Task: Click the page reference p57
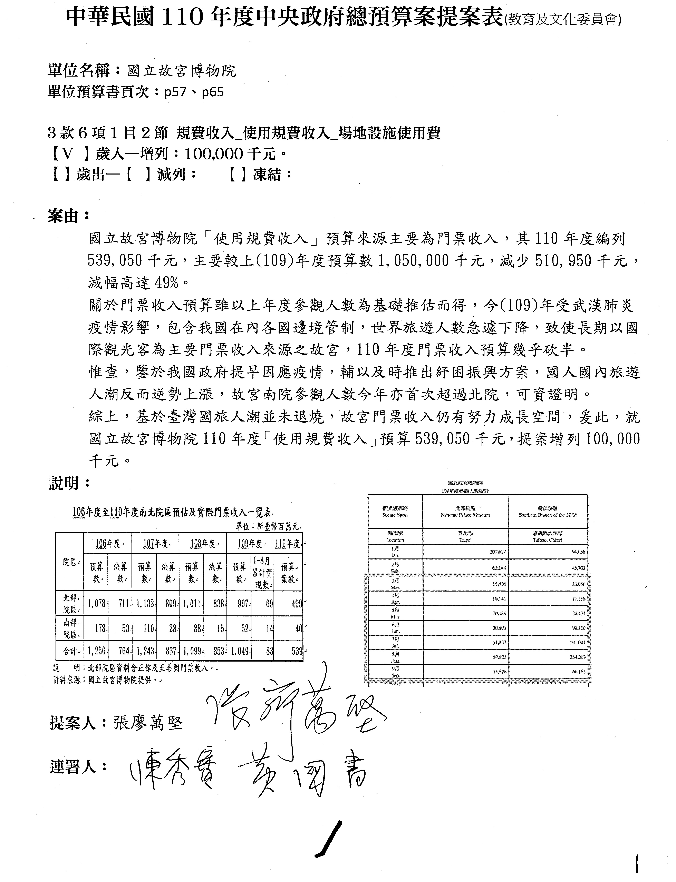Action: pos(175,92)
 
